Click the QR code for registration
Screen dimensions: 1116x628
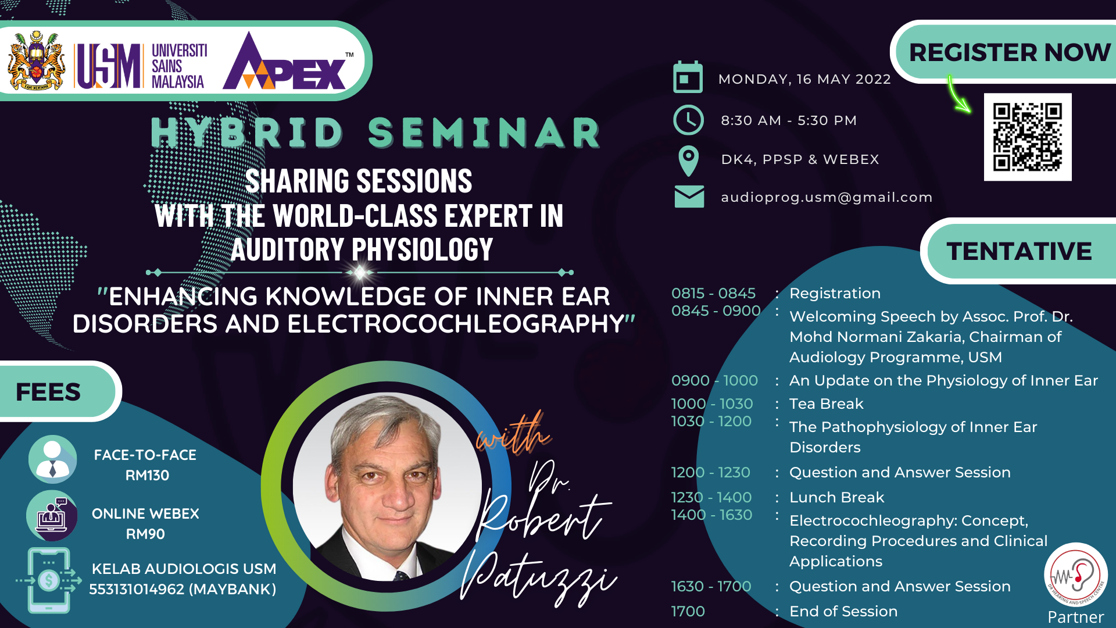1028,137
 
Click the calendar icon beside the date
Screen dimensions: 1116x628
688,77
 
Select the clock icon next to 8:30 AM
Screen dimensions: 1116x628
688,120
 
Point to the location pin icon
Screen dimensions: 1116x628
689,161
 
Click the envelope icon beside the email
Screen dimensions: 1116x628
689,197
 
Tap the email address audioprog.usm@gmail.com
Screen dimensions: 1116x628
827,198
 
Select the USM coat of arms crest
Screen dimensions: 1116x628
36,60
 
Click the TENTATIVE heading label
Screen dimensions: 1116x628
1019,251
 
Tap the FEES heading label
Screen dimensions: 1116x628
49,392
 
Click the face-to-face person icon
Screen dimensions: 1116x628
52,459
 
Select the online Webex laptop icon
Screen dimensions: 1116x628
52,516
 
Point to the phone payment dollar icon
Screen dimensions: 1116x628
49,580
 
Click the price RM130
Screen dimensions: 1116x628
147,476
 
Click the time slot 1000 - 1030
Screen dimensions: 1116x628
712,404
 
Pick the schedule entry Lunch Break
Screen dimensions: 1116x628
836,498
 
